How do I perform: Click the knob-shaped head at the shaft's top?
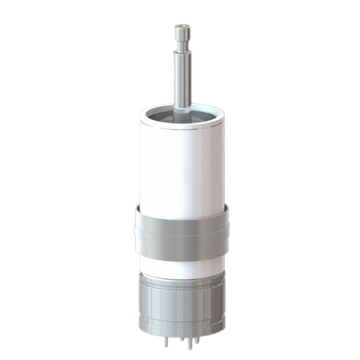coord(181,33)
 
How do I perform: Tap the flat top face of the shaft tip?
coord(181,26)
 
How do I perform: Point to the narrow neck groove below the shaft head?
coord(181,45)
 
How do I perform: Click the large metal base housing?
coord(181,304)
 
